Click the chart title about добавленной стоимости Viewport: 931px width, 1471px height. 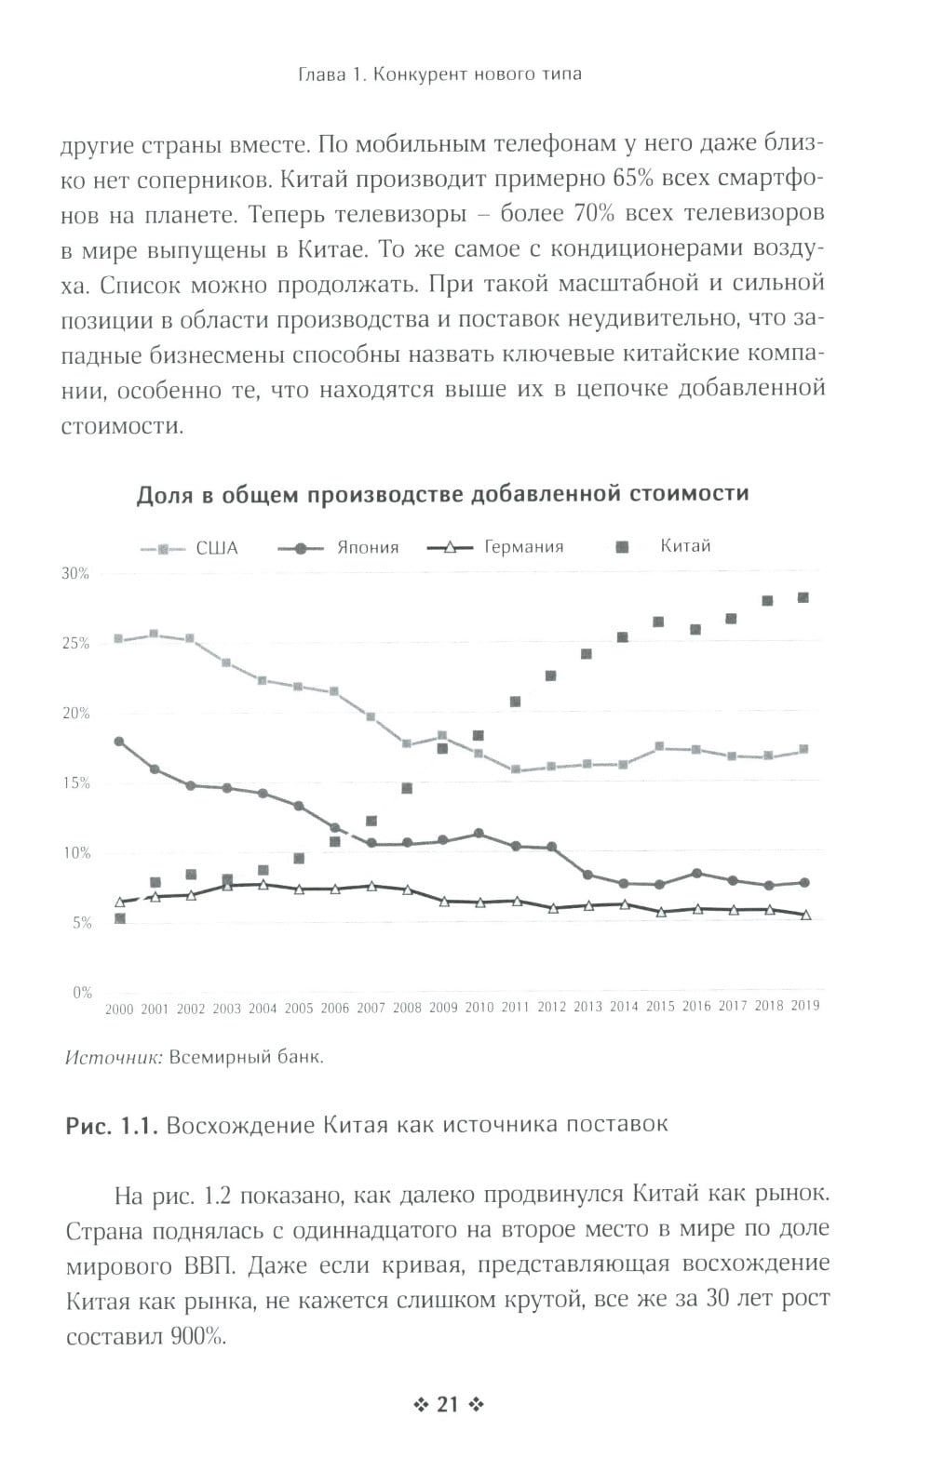tap(442, 494)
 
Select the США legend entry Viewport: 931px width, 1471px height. tap(216, 548)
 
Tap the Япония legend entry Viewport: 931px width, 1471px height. tap(367, 547)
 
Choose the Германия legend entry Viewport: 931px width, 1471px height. tap(523, 547)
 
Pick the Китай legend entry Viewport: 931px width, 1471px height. tap(684, 546)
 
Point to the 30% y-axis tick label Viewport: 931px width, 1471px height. tap(75, 574)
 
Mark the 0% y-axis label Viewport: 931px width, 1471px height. tap(82, 993)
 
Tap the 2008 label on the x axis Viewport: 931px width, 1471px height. tap(407, 1008)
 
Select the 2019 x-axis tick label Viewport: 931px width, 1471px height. tap(804, 1006)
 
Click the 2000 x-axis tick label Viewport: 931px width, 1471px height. tap(119, 1010)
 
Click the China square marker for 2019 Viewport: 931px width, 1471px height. tap(803, 597)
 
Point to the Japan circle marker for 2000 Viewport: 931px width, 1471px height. tap(119, 742)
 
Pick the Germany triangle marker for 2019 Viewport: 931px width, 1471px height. tap(805, 916)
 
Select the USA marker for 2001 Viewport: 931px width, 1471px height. tap(155, 635)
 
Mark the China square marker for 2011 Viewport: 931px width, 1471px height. tap(515, 702)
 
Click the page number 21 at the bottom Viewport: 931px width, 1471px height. tap(448, 1404)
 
